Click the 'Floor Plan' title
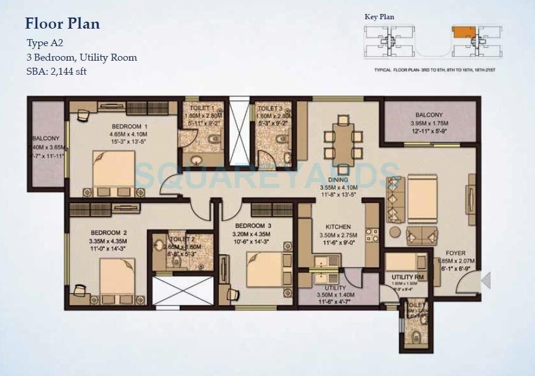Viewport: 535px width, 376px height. [x=62, y=24]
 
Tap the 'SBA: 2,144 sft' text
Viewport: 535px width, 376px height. [x=57, y=71]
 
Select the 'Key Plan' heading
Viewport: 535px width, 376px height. [x=379, y=17]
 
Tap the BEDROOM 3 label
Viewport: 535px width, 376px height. [x=253, y=226]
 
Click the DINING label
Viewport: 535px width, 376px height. [x=338, y=180]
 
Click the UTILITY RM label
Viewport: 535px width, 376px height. [x=407, y=277]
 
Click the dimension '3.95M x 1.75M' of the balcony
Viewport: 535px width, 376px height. [x=429, y=123]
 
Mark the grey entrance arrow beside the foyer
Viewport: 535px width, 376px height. [x=486, y=281]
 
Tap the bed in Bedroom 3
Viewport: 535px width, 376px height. [x=266, y=268]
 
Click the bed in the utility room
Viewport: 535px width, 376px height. [x=407, y=261]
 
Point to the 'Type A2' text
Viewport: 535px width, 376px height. [x=44, y=43]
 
